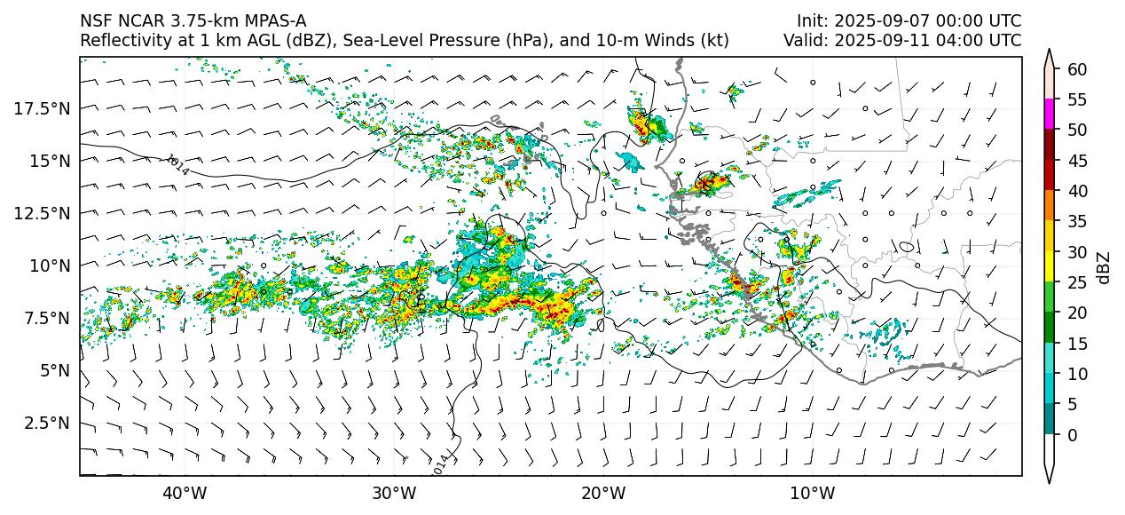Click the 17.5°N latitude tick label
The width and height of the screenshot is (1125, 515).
coord(43,108)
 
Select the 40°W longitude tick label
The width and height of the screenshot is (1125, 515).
coord(185,493)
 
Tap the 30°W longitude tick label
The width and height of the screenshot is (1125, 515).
coord(394,493)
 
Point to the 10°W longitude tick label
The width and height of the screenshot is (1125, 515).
coord(812,493)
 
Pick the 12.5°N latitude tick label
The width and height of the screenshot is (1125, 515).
coord(43,213)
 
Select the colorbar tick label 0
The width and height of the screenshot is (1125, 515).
coord(1072,435)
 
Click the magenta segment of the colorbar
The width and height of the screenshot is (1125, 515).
coord(1050,115)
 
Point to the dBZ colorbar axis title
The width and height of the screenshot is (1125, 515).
coord(1104,266)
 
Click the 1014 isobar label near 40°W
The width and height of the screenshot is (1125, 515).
coord(177,164)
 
